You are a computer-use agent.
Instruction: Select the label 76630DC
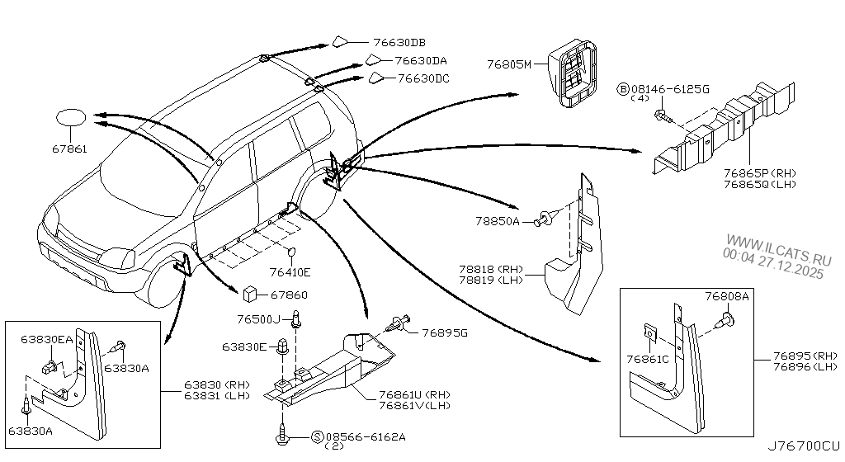click(x=423, y=79)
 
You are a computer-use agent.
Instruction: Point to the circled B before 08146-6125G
click(x=621, y=87)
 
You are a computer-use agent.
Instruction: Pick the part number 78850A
click(x=497, y=222)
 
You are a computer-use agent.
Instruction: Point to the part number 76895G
click(x=444, y=332)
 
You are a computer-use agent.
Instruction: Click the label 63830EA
click(x=47, y=339)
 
